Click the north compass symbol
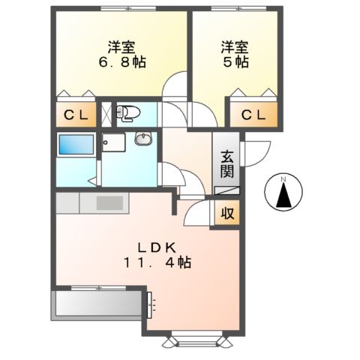click(x=283, y=193)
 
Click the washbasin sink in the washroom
click(x=142, y=139)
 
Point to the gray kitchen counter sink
click(x=109, y=202)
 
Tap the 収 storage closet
click(x=226, y=213)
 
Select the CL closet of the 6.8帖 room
click(x=74, y=115)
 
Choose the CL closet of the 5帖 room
click(x=253, y=115)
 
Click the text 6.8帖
click(x=115, y=63)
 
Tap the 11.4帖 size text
click(x=158, y=263)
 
